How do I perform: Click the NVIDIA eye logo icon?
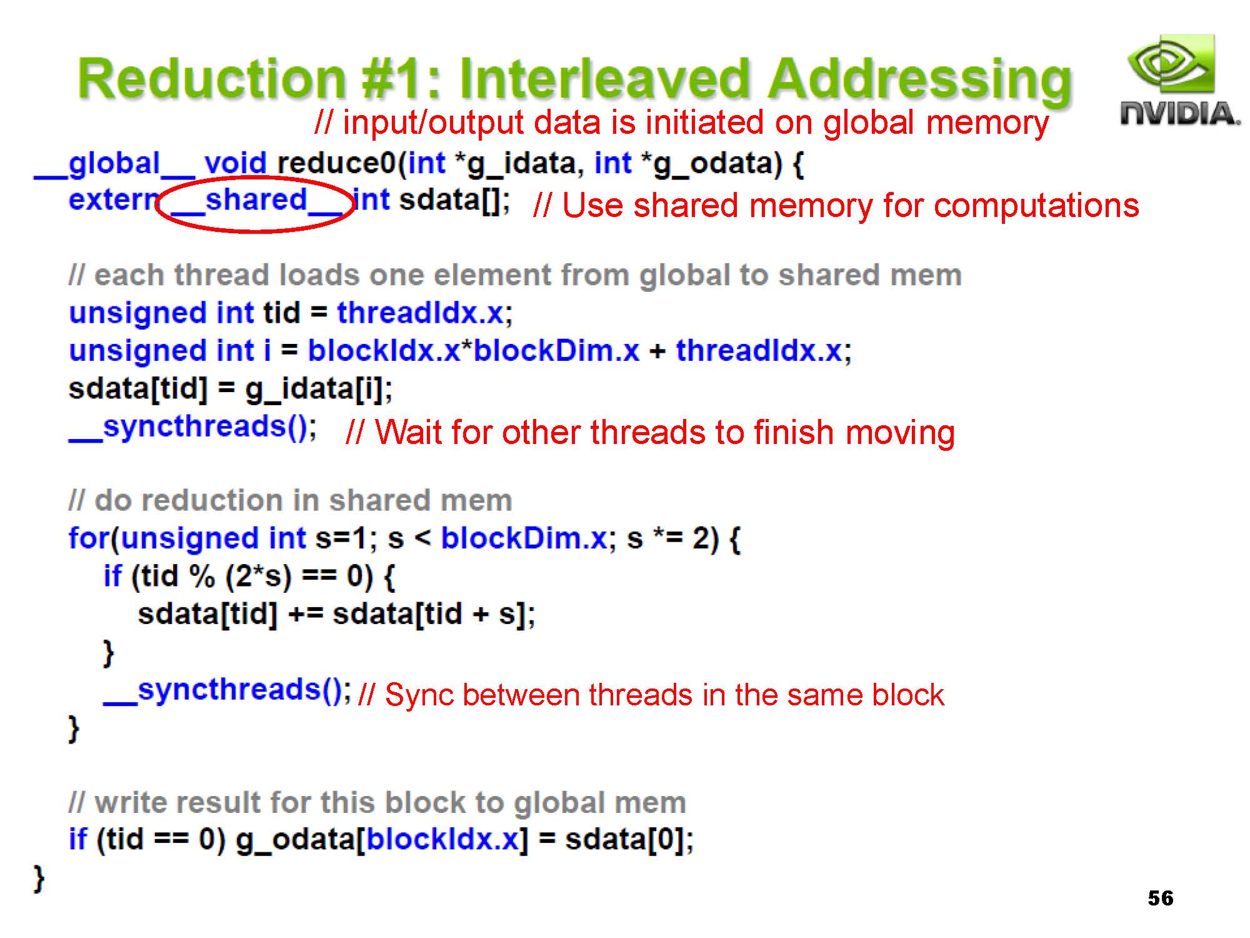1171,64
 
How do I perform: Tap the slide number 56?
1161,898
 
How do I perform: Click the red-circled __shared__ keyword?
256,201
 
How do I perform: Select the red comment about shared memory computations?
836,205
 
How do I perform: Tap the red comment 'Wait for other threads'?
650,432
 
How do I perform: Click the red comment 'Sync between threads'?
651,695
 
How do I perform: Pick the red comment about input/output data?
681,123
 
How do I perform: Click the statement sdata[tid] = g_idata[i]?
231,389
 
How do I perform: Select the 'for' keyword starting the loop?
89,538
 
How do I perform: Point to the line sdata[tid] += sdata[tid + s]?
336,614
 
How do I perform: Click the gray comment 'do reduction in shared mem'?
291,500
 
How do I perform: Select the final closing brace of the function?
39,878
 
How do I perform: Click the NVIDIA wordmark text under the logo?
1179,113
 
